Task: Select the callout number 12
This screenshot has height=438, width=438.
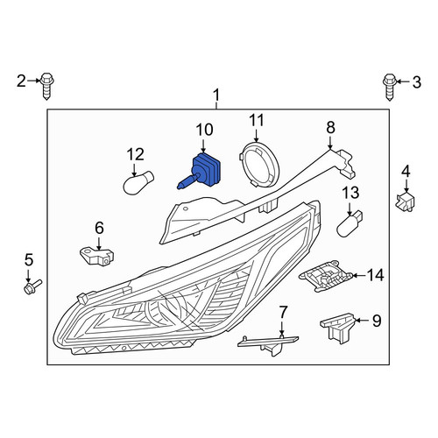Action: coord(136,154)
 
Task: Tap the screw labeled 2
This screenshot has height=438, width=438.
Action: coord(46,86)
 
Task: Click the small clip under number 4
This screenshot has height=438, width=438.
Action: coord(405,201)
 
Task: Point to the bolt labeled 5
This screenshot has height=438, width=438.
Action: coord(32,286)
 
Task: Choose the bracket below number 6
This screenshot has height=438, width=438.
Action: coord(96,256)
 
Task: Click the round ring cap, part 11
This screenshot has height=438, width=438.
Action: coord(259,166)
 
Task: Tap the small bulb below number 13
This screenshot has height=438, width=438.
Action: coord(350,223)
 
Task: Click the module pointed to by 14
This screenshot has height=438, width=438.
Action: coord(326,276)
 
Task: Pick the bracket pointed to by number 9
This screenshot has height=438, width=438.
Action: coord(337,328)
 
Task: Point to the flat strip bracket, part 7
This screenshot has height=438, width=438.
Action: coord(268,345)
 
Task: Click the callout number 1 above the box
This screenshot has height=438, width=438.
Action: coord(216,95)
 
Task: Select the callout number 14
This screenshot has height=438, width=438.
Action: coord(375,275)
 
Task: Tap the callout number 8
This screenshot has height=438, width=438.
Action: coord(330,128)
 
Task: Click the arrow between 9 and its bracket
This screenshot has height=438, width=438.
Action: coord(362,321)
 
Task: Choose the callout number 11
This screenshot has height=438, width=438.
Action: coord(257,121)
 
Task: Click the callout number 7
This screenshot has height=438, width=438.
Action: coord(283,312)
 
